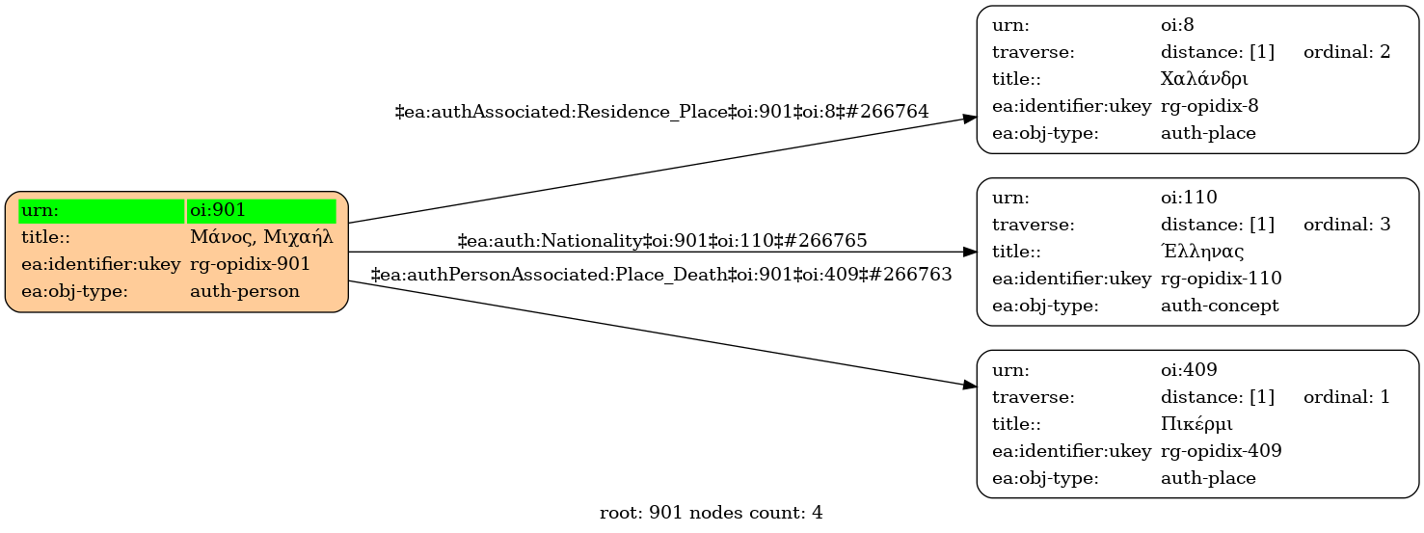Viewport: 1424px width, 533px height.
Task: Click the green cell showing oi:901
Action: [x=261, y=210]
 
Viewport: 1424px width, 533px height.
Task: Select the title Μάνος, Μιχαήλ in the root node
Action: [x=261, y=237]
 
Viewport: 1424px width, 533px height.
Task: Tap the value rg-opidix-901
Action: [x=250, y=264]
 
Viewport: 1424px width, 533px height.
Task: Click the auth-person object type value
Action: [x=244, y=291]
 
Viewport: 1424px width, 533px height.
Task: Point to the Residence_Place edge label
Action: [x=661, y=112]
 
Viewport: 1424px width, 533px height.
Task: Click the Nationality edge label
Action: [x=661, y=240]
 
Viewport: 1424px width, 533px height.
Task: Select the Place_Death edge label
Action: [x=661, y=275]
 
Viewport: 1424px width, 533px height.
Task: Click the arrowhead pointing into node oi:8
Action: [x=970, y=118]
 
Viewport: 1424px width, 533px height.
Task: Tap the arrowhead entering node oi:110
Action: [x=970, y=252]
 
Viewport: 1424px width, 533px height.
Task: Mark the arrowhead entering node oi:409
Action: [x=970, y=385]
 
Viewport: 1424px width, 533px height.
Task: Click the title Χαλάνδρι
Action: [x=1204, y=78]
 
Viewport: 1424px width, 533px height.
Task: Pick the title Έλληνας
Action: [x=1202, y=252]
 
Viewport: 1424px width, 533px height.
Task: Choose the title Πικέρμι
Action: [x=1196, y=423]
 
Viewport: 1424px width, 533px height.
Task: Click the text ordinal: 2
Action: [x=1346, y=51]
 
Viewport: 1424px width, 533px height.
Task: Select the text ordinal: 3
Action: [x=1346, y=225]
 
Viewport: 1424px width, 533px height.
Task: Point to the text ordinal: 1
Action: [x=1346, y=396]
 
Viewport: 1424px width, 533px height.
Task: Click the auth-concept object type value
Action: [x=1220, y=306]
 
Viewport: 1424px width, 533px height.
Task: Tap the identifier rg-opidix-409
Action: [x=1221, y=450]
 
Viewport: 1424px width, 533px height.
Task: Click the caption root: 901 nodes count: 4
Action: [x=711, y=513]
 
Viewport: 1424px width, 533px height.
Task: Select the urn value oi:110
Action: [x=1189, y=198]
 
